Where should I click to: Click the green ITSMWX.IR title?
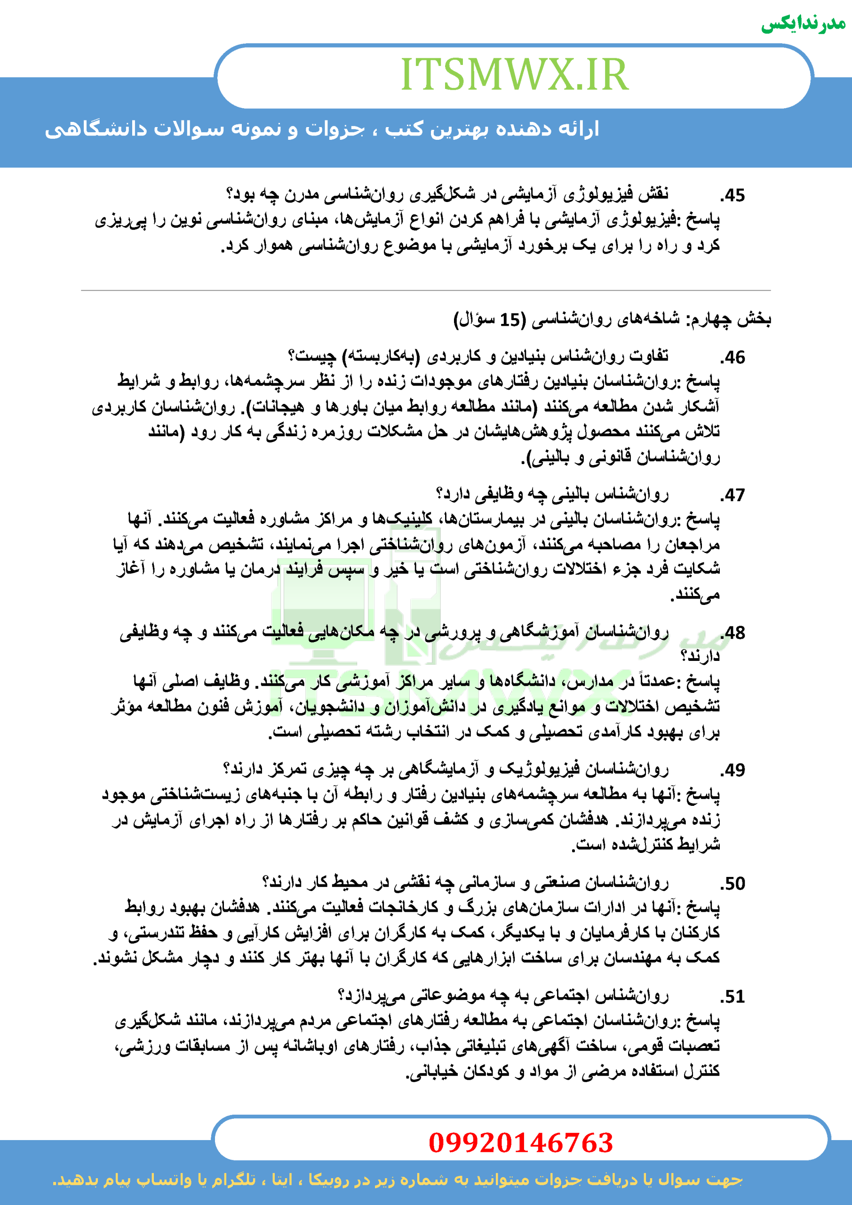point(514,74)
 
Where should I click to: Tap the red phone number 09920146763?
point(520,1142)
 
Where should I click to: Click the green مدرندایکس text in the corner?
point(803,24)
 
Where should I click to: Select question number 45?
point(733,196)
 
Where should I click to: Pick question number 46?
point(733,357)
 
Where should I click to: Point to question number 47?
point(733,495)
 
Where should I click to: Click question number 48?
point(733,633)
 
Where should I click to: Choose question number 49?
point(733,770)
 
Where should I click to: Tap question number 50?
point(733,884)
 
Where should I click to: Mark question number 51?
point(733,996)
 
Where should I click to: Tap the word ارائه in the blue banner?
point(579,129)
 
